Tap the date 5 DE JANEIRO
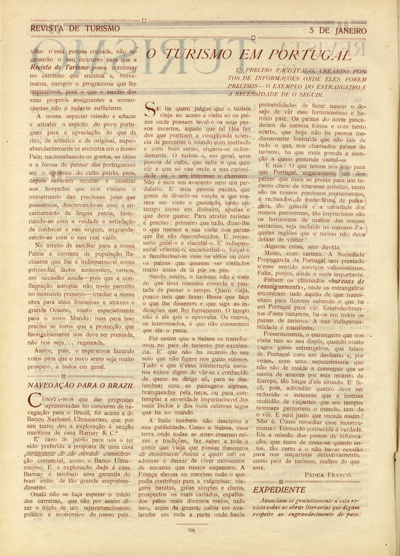click(338, 31)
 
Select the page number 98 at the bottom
click(192, 529)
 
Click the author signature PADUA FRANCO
click(328, 475)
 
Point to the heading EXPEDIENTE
click(279, 490)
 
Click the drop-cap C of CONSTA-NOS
click(35, 401)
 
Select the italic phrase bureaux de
click(347, 281)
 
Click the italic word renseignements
click(281, 288)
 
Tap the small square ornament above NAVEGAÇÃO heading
click(63, 376)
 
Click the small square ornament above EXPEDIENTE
click(281, 482)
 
